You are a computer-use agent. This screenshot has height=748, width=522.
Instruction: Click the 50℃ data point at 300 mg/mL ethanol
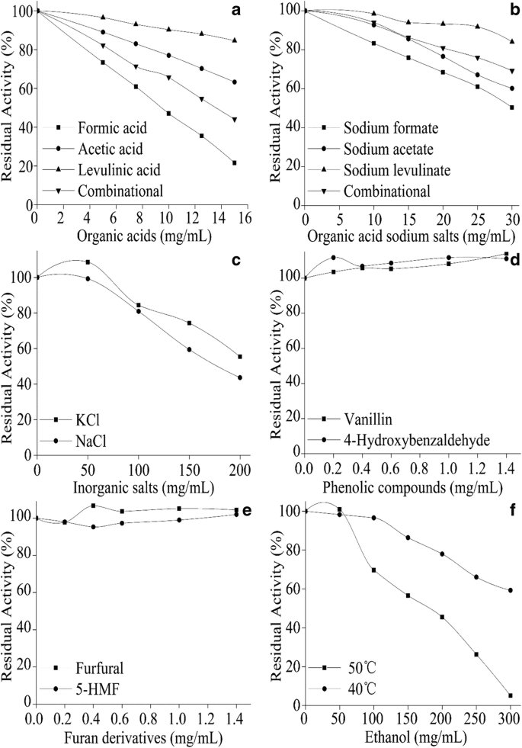pyautogui.click(x=510, y=695)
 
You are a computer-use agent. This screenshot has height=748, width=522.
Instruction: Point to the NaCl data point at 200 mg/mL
pyautogui.click(x=240, y=377)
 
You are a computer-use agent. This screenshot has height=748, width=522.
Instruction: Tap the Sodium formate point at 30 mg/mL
pyautogui.click(x=512, y=108)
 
